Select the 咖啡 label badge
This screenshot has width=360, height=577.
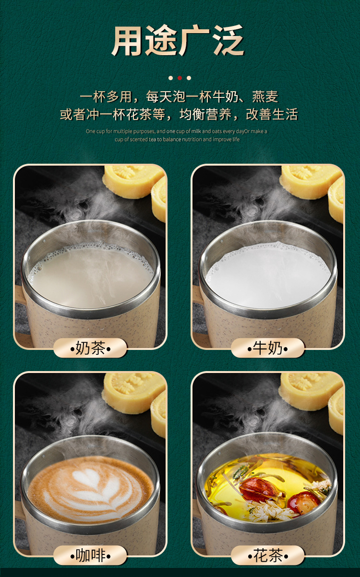point(90,556)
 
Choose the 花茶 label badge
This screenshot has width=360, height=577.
point(268,556)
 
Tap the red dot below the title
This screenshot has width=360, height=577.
point(180,78)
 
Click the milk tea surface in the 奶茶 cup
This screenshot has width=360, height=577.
point(91,276)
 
